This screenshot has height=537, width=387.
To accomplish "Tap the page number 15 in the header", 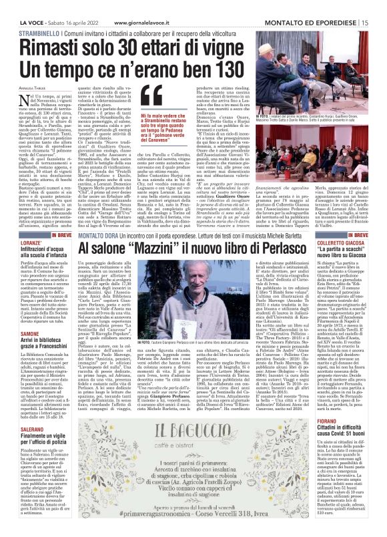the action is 378,6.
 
